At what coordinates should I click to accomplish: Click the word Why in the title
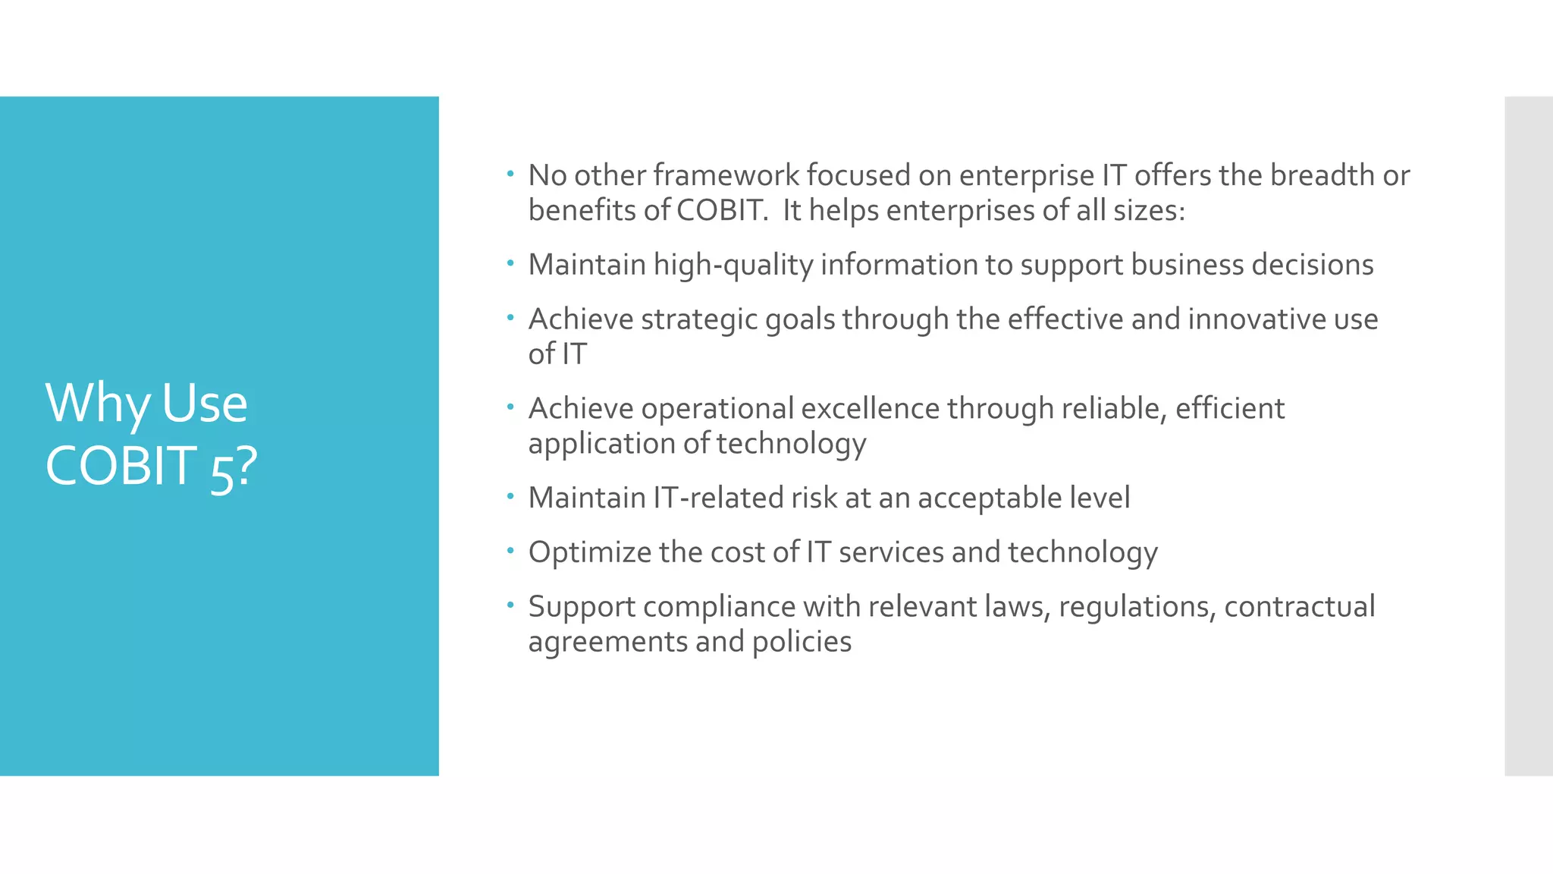98,404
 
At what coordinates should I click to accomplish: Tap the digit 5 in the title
221,475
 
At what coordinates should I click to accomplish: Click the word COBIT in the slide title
121,466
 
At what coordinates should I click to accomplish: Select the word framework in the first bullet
726,175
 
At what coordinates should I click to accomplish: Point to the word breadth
1322,175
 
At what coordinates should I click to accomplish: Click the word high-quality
733,266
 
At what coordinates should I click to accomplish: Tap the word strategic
698,319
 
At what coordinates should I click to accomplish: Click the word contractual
1299,607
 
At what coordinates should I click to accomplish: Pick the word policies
802,643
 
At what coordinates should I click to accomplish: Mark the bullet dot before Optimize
511,549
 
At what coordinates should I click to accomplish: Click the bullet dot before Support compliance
511,604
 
